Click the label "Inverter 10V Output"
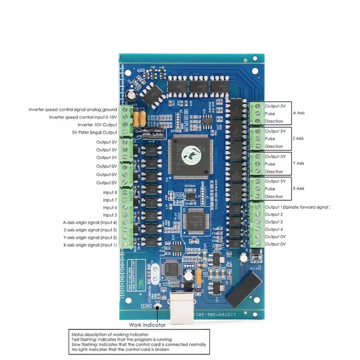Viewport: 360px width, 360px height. (97, 125)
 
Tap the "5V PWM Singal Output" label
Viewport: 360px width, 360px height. (94, 133)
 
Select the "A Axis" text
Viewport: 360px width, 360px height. (298, 113)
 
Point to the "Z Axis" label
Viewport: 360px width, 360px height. (298, 139)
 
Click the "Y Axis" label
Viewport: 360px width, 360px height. (298, 163)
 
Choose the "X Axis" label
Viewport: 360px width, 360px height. (298, 188)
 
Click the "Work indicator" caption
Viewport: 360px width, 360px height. (147, 325)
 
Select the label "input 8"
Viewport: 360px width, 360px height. (110, 193)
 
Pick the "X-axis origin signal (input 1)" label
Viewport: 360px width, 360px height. (90, 245)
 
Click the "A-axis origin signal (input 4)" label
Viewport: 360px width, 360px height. (90, 223)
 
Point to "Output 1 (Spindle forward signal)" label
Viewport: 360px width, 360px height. (297, 207)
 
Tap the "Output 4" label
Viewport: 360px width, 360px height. (274, 230)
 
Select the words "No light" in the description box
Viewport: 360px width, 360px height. (79, 349)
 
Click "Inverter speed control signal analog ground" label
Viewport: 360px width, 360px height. (73, 110)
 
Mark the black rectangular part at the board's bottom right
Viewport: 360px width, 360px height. (243, 289)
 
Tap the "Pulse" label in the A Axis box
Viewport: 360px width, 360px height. (270, 114)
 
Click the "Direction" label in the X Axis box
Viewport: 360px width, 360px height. (274, 197)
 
